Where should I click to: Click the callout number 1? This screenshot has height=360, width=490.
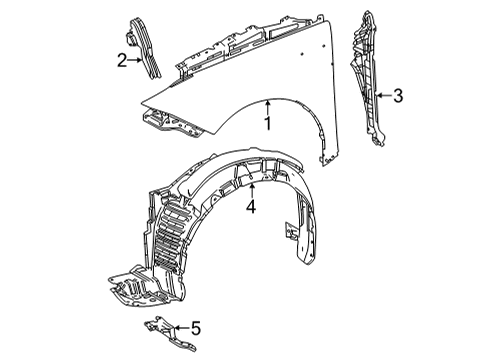pos(268,124)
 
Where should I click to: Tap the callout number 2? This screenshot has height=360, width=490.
pos(121,61)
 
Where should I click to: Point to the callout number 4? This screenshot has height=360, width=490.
pos(252,208)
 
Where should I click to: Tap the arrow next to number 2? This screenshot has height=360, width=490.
pos(137,61)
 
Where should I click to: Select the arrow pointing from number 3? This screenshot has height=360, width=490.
pos(381,97)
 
